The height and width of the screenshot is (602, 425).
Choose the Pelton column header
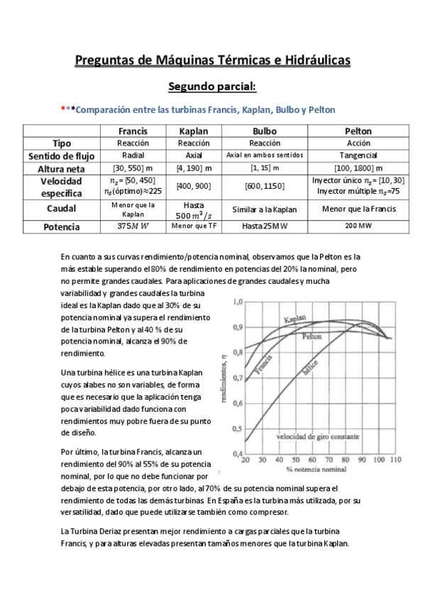click(358, 131)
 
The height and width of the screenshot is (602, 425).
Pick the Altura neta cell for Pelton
click(358, 168)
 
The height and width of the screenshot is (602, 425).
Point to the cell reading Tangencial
click(358, 155)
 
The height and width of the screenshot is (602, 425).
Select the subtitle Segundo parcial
click(212, 87)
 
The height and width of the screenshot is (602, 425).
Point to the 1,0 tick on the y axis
click(238, 302)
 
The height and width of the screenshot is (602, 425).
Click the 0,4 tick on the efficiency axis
click(238, 453)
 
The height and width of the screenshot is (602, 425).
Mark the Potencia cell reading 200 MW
click(358, 226)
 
